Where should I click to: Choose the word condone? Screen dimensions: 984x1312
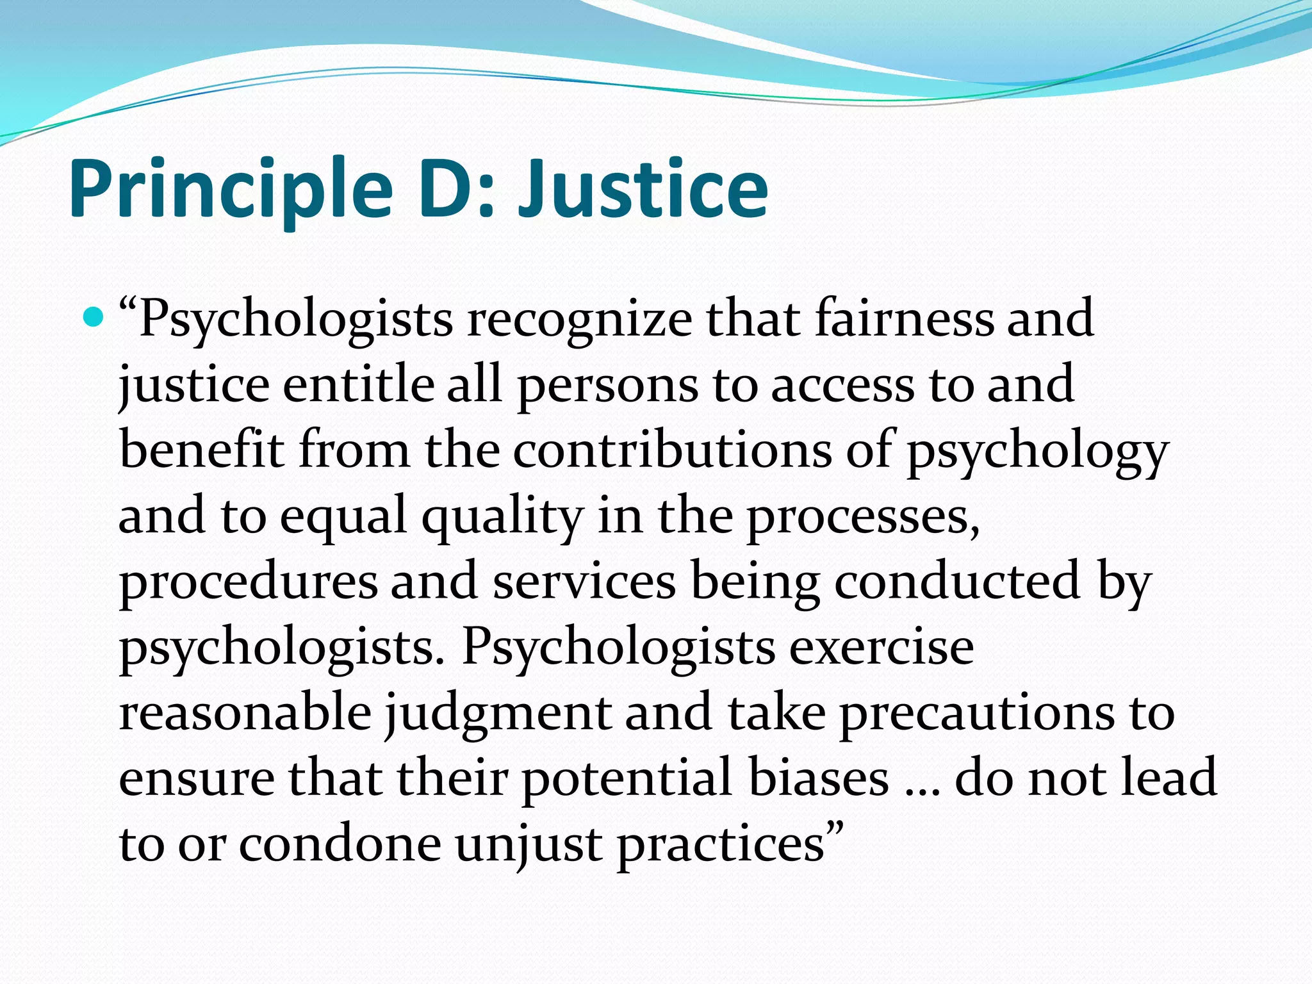coord(340,844)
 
